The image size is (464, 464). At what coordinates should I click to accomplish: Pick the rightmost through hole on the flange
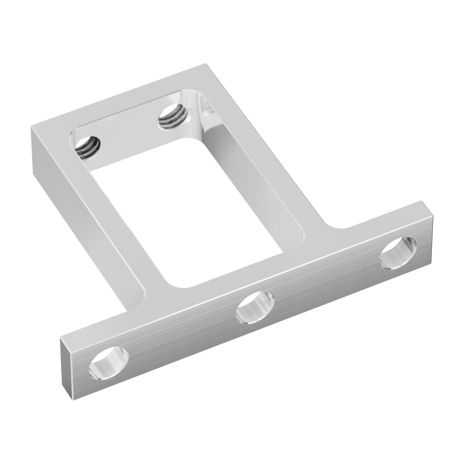398,252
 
